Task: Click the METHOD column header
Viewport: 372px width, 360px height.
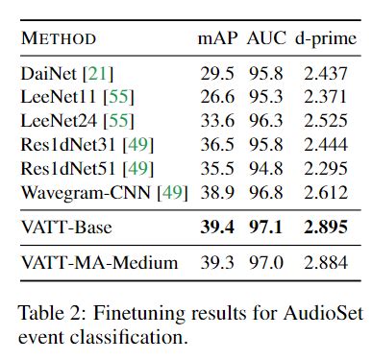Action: coord(59,39)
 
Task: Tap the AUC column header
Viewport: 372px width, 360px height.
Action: coord(265,39)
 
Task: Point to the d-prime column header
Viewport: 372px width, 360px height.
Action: coord(322,39)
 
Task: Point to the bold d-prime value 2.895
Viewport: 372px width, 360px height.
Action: coord(327,227)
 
